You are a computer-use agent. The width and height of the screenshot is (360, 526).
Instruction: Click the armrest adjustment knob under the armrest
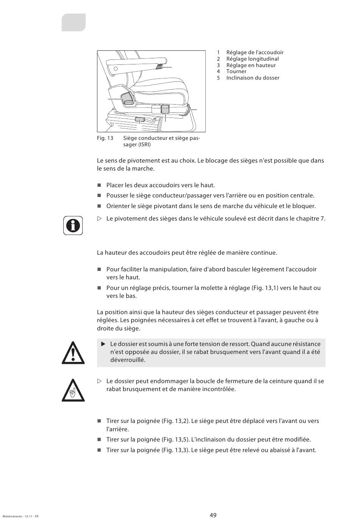point(159,67)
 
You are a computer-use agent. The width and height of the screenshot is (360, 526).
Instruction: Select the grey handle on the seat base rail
point(140,120)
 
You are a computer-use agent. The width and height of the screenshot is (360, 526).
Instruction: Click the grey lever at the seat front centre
point(165,110)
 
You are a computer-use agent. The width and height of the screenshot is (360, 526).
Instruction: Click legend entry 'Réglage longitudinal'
point(252,59)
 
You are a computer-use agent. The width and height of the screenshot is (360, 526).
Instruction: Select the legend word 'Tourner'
point(236,71)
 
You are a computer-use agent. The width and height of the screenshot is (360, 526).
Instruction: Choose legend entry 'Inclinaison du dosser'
point(252,78)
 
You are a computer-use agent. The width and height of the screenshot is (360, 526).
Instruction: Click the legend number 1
point(218,52)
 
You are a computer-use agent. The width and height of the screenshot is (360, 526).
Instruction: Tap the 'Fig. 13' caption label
point(105,138)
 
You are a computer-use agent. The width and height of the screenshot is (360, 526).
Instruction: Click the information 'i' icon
point(73,225)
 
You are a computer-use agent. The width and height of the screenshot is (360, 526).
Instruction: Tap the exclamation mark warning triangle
point(73,353)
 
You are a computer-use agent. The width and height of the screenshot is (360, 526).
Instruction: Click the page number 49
point(213,515)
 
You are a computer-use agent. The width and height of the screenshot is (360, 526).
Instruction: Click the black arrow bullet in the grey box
point(103,344)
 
